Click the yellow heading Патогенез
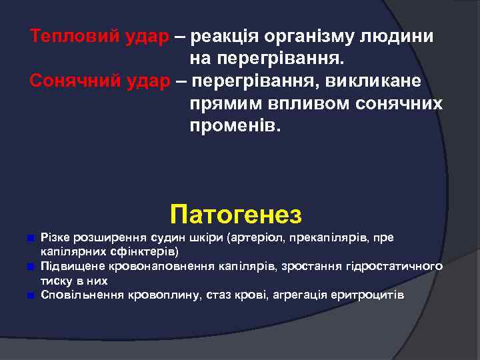pyautogui.click(x=236, y=215)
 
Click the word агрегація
pyautogui.click(x=296, y=295)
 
